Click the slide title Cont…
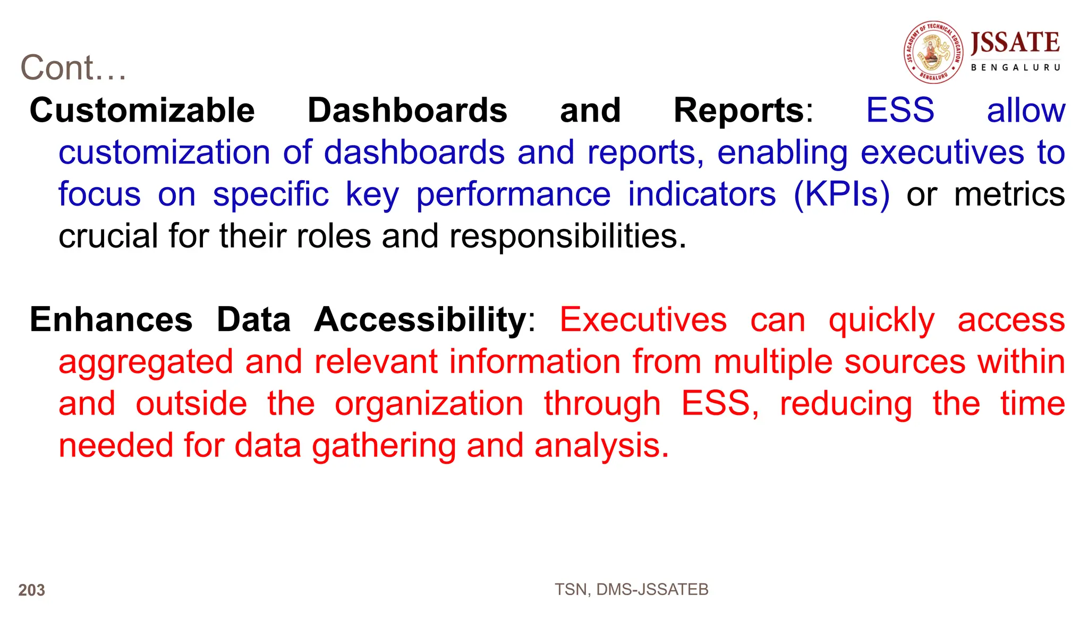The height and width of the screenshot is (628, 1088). point(73,68)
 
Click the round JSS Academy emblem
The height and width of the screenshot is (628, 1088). point(933,52)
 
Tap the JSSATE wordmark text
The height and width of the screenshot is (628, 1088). point(1015,43)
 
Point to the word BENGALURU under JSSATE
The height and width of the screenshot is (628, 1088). point(1015,67)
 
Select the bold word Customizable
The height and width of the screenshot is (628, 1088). point(142,111)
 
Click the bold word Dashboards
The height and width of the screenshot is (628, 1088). point(407,111)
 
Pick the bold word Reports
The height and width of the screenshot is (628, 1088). point(739,111)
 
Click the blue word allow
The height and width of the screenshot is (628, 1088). point(1025,111)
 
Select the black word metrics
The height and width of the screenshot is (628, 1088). point(1009,194)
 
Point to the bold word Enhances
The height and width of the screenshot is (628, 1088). point(111,320)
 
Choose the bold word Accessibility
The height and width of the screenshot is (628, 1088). point(420,320)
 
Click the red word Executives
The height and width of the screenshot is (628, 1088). point(643,320)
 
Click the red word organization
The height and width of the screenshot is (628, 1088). point(429,404)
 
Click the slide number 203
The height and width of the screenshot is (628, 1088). point(31,590)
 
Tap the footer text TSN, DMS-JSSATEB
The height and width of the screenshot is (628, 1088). point(631,589)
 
